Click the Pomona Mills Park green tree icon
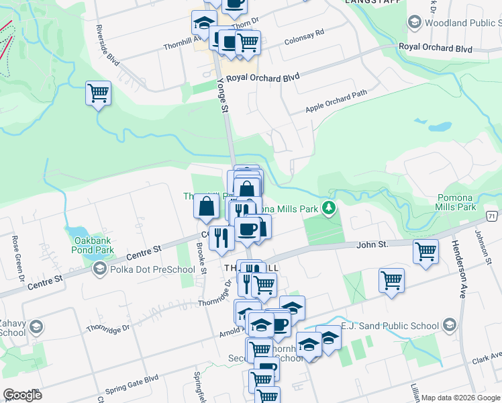(328, 208)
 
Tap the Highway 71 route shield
(492, 216)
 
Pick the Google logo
(23, 394)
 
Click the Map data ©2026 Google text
(460, 398)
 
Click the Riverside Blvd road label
(108, 46)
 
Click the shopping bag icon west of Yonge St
(206, 206)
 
